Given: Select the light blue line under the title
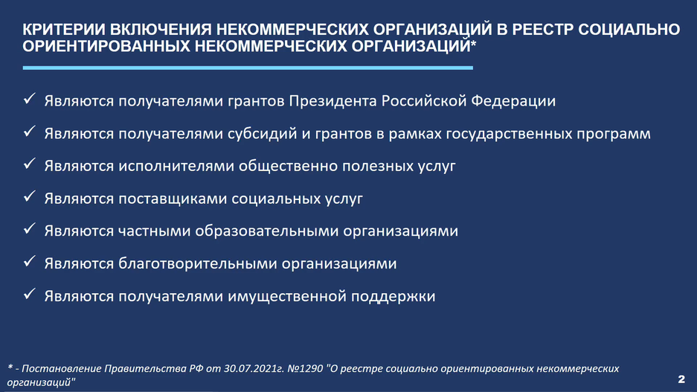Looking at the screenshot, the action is click(x=248, y=68).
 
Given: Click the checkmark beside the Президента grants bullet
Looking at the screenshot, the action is click(x=29, y=99).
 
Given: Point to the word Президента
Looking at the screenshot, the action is click(x=333, y=101).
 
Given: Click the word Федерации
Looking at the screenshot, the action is click(x=513, y=101).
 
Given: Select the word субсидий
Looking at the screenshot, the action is click(x=263, y=134).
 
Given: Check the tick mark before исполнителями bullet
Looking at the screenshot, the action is click(x=29, y=164).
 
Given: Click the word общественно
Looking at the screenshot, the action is click(x=289, y=166).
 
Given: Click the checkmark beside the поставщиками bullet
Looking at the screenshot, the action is click(x=29, y=196).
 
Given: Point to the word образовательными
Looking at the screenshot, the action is click(x=266, y=231).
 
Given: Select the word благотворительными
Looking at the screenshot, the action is click(x=198, y=263).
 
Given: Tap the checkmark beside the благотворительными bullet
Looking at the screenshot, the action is click(x=29, y=261).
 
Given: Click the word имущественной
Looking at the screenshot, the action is click(x=287, y=297).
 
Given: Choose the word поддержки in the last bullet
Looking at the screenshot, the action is click(x=394, y=297).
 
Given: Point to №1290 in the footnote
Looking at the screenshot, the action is click(x=306, y=369).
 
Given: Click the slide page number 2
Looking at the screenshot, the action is click(x=681, y=379).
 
